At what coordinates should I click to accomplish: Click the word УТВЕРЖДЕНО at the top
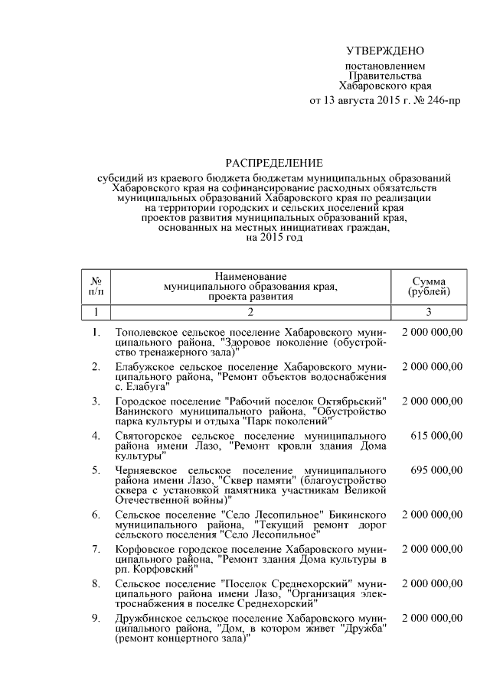click(x=385, y=51)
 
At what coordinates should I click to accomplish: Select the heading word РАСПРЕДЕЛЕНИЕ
click(x=273, y=163)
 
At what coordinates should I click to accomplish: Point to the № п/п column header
click(x=96, y=286)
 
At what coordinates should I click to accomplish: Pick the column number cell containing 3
click(x=429, y=311)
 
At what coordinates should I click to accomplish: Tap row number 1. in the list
click(x=96, y=332)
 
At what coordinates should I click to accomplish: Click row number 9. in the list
click(x=96, y=616)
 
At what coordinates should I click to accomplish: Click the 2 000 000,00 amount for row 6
click(x=432, y=514)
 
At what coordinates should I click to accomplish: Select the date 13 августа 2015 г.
click(x=363, y=101)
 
